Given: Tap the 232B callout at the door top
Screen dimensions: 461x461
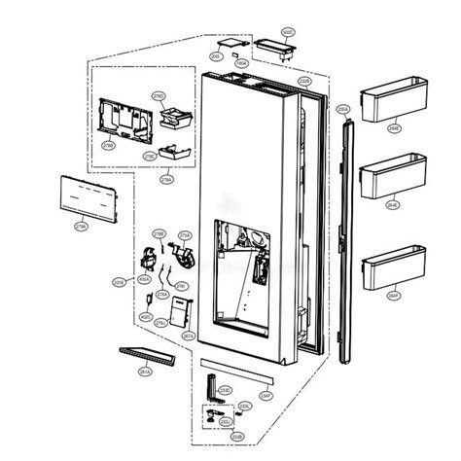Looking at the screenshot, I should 304,80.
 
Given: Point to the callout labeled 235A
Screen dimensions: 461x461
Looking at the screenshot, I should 340,111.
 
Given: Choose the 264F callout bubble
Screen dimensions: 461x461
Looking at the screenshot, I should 394,295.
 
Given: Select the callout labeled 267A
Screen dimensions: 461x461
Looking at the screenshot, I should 189,336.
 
